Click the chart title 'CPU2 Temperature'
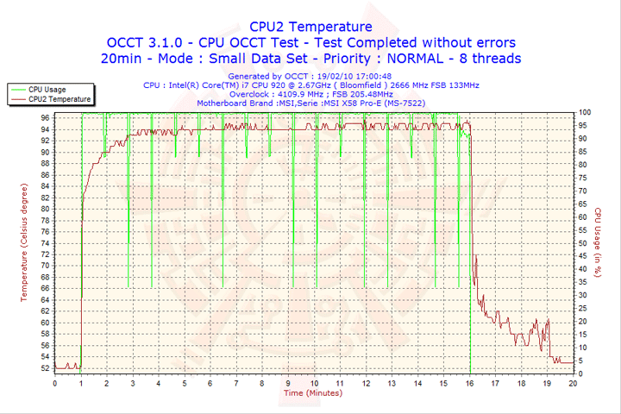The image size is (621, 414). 310,27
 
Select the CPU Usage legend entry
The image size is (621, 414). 47,89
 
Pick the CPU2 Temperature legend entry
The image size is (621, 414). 59,99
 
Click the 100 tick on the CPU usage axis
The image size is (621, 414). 584,112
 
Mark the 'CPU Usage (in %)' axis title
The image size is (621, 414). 597,242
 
